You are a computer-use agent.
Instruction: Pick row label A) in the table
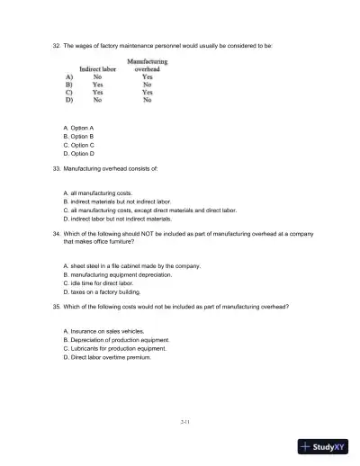[x=68, y=77]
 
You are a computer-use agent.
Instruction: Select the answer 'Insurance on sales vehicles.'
[x=103, y=333]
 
